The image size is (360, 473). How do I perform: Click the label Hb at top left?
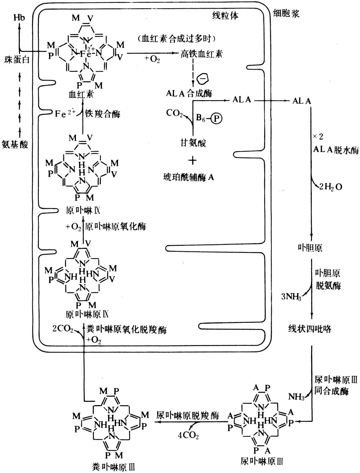click(19, 17)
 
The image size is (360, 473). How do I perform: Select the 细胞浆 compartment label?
click(286, 14)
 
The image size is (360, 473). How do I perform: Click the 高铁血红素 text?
click(201, 54)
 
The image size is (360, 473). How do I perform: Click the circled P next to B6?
click(217, 119)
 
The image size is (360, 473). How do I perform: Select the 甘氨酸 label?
click(193, 143)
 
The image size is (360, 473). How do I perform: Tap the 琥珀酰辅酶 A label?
click(188, 177)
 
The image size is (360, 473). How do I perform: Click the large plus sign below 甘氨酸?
click(192, 160)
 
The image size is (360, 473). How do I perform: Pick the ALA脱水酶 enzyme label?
click(336, 150)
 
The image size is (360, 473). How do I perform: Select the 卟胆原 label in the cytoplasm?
click(310, 248)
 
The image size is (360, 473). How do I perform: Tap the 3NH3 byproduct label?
click(291, 297)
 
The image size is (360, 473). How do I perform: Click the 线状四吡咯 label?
click(310, 329)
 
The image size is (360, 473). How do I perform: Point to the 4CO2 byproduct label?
click(188, 436)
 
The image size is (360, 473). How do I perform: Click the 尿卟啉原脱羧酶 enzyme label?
click(188, 415)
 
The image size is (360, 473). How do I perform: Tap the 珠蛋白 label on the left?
click(17, 59)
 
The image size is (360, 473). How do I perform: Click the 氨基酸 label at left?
click(15, 144)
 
